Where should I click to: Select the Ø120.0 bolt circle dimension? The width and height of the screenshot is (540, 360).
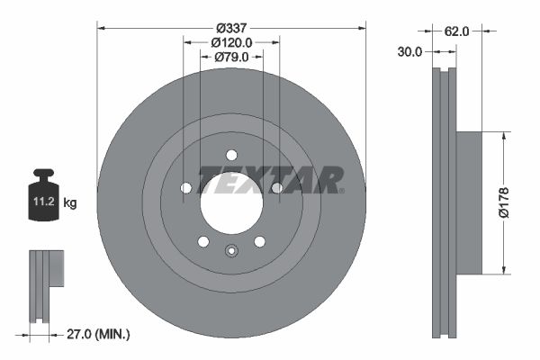click(231, 41)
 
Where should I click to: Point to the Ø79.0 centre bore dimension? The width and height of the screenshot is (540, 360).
click(231, 58)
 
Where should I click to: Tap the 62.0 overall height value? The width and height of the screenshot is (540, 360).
click(457, 31)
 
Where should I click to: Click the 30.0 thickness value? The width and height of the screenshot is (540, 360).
click(409, 52)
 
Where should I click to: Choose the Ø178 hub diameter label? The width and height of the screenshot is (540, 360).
click(505, 202)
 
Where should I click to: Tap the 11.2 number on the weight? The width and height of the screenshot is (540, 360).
click(43, 203)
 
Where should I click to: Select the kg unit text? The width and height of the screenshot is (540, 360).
click(69, 203)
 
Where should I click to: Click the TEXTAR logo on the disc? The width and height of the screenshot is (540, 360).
click(270, 178)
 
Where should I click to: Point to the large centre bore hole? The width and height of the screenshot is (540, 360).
click(230, 201)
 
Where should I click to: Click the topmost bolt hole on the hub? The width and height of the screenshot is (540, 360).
click(231, 154)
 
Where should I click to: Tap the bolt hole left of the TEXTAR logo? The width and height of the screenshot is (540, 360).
click(186, 187)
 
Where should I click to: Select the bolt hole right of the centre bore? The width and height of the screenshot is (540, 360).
click(276, 187)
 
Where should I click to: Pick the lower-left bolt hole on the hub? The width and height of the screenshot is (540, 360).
click(203, 241)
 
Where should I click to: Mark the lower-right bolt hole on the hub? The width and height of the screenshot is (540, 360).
click(259, 241)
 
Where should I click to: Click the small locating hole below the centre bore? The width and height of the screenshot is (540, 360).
click(230, 251)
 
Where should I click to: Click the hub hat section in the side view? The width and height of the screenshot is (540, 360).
click(469, 202)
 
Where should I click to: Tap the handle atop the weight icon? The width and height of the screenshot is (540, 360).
click(43, 175)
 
